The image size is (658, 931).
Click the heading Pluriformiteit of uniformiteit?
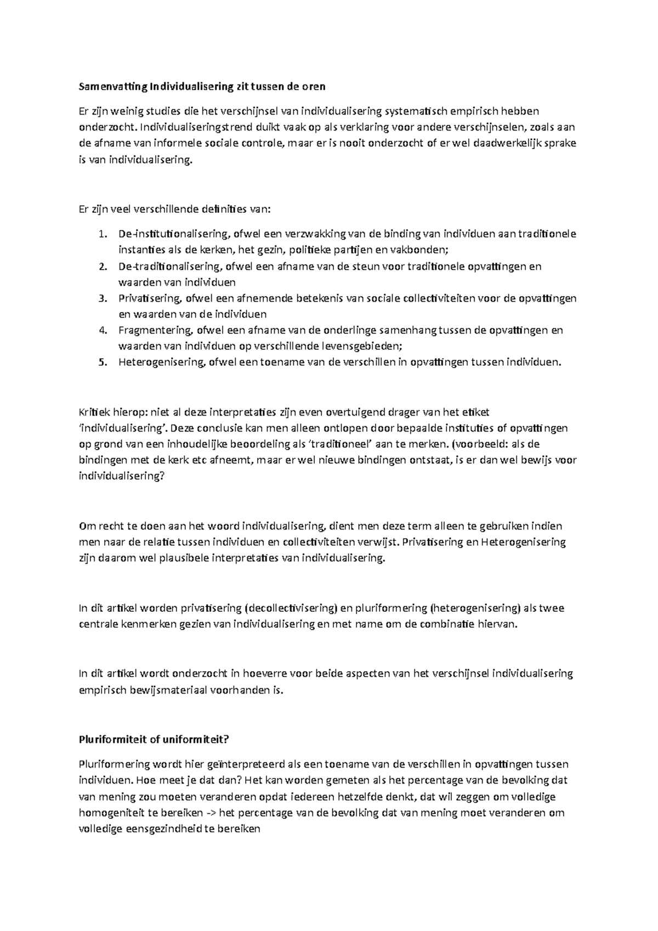(x=154, y=739)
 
